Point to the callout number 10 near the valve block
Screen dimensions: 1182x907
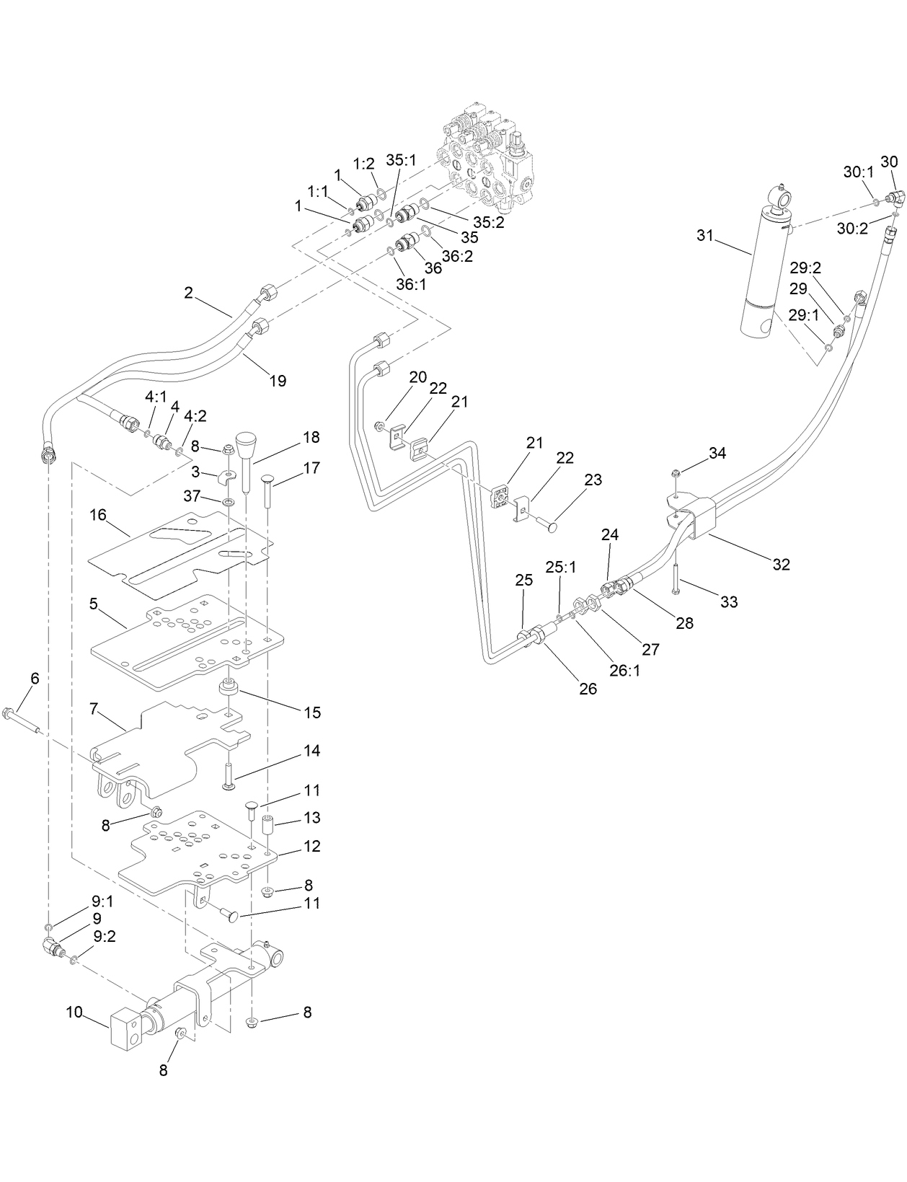coord(74,1012)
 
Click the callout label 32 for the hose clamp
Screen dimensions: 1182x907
coord(781,565)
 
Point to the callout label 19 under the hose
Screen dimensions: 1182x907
coord(278,380)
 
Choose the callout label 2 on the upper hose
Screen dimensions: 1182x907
coord(189,292)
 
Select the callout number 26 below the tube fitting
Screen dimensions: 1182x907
coord(588,688)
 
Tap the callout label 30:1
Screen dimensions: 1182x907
coord(858,172)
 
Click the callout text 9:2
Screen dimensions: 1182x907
coord(105,936)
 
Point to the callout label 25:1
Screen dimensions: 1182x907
coord(560,568)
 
